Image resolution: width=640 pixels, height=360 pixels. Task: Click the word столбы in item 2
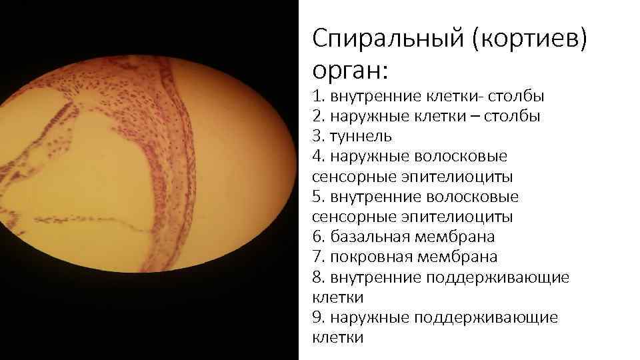click(513, 116)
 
